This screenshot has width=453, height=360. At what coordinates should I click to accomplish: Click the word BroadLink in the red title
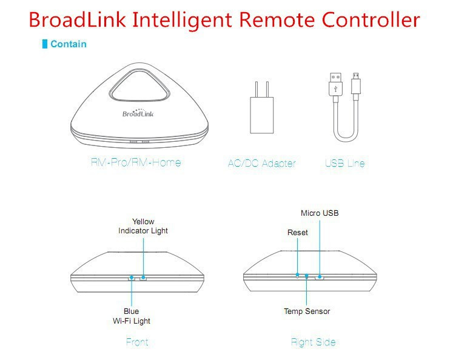point(78,19)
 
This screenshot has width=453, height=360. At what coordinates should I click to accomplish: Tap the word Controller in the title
point(371,19)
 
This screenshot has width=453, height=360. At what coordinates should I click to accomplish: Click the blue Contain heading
point(69,44)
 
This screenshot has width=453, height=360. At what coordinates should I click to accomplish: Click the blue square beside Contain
point(45,44)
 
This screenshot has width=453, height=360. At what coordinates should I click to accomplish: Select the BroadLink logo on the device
point(138,113)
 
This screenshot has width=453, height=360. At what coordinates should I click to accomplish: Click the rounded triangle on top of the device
point(138,85)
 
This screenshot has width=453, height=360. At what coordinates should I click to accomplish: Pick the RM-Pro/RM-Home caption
point(136,162)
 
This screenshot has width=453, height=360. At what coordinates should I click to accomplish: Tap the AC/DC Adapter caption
point(262,164)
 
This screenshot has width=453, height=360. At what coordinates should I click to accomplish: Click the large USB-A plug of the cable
point(335,84)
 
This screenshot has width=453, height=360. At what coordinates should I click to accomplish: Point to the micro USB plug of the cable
point(355,84)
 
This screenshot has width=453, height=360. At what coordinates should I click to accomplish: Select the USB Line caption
point(344,164)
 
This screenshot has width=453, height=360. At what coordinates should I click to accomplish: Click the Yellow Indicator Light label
point(143,226)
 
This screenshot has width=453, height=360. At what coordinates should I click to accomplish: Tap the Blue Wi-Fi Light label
point(132,316)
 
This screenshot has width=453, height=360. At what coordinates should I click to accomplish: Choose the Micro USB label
point(320,213)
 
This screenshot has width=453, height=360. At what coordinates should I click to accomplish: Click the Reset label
point(298,232)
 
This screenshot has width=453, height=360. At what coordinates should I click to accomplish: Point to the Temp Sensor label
point(307,311)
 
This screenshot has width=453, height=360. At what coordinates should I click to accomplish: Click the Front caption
point(137,342)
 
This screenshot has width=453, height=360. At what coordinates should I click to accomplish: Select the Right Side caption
point(313,342)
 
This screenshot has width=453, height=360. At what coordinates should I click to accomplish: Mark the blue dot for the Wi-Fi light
point(132,278)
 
